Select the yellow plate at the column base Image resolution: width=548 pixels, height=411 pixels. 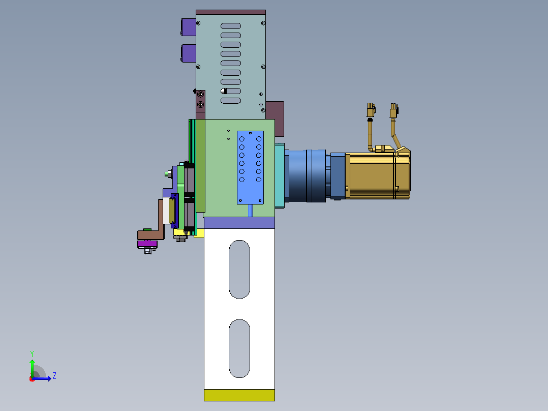click(x=239, y=395)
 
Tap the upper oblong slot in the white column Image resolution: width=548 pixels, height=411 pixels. click(x=239, y=269)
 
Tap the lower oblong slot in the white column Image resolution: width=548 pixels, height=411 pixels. click(x=239, y=348)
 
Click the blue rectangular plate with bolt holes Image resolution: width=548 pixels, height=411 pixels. click(x=250, y=167)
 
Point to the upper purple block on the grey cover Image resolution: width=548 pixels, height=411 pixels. click(x=189, y=27)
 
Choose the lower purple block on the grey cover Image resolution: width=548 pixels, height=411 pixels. click(x=189, y=53)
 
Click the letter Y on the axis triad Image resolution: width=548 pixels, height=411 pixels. click(x=32, y=354)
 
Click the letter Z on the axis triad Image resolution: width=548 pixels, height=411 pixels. click(x=54, y=376)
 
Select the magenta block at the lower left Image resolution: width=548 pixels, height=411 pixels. click(x=147, y=244)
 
